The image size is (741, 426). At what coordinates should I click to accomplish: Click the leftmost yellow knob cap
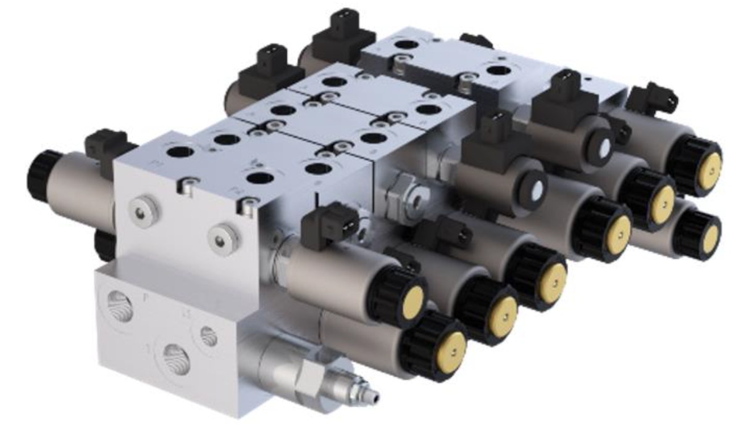[411, 300]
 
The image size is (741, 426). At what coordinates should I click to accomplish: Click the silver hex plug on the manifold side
[408, 194]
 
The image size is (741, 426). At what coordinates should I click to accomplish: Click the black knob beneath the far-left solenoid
[105, 243]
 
